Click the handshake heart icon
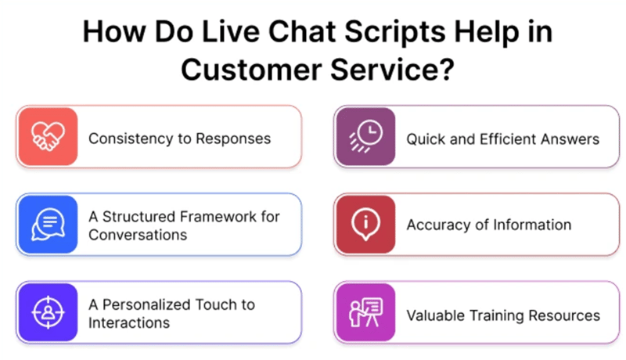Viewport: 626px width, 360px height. pos(48,138)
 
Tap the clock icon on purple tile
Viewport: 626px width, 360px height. pos(365,138)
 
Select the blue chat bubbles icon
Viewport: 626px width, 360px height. pos(48,225)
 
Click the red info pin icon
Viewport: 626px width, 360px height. pos(365,225)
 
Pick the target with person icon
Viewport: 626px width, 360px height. pos(48,312)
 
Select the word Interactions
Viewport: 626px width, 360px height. pos(128,322)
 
